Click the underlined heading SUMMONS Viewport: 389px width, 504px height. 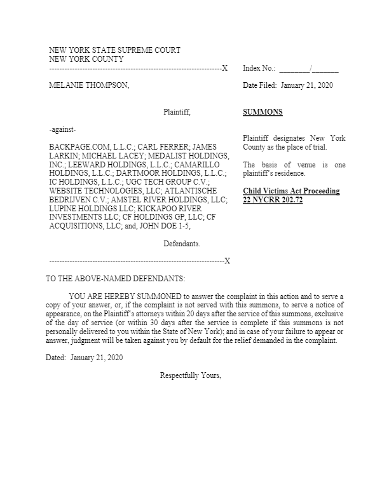tap(263, 113)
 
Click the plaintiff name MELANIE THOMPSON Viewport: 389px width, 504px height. tap(89, 85)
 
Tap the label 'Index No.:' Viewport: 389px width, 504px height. tap(259, 67)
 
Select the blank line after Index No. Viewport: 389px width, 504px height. tap(309, 68)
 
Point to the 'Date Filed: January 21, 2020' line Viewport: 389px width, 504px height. tap(288, 85)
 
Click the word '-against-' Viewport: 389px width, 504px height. tap(63, 130)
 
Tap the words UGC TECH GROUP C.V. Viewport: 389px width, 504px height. tap(161, 181)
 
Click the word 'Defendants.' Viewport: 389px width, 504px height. tap(182, 244)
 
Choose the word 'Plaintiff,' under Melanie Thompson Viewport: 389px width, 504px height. tap(177, 113)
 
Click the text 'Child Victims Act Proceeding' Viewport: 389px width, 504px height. tap(291, 191)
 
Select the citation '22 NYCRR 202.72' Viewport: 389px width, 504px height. tap(270, 200)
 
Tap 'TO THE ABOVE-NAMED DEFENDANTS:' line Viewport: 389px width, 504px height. tap(116, 279)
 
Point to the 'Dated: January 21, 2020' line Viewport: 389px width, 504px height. tap(84, 358)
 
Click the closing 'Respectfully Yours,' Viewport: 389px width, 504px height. tap(191, 375)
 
